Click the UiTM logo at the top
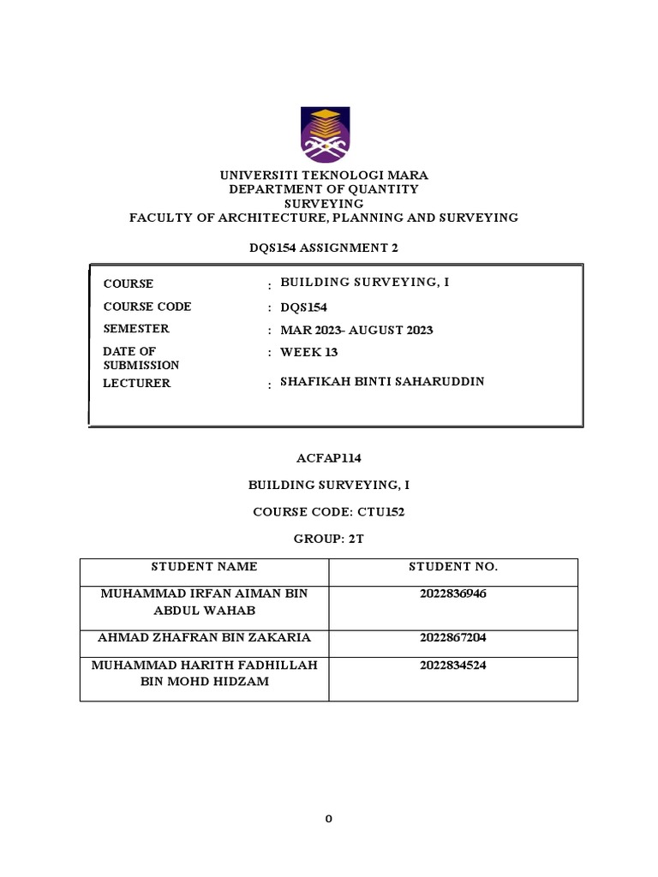[x=325, y=134]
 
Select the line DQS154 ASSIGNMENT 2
[x=323, y=248]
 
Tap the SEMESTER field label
[x=136, y=329]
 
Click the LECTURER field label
[x=137, y=383]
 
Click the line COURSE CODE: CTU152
[x=329, y=512]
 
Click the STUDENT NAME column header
[x=204, y=567]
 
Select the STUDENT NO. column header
[x=453, y=567]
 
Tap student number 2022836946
[x=453, y=594]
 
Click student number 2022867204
[x=453, y=637]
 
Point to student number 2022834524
[x=453, y=665]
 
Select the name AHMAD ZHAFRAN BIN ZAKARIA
[x=204, y=637]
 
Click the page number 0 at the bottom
[x=328, y=820]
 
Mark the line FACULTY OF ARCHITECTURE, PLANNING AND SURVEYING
[x=324, y=218]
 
